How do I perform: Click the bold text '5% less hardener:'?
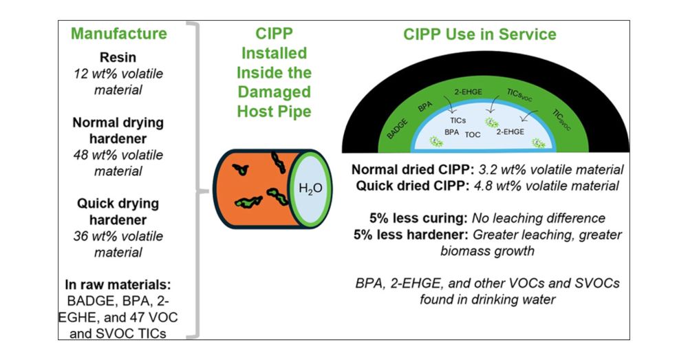pos(409,234)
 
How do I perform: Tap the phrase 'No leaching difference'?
pos(538,218)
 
